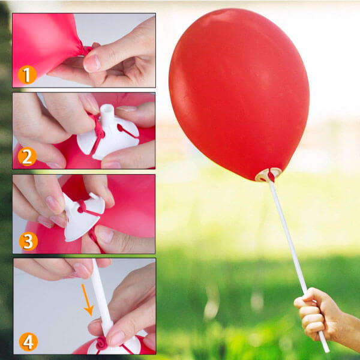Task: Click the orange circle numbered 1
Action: coord(28,74)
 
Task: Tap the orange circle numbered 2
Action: coord(28,157)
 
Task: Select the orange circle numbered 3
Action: coord(28,241)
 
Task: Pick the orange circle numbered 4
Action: coord(28,341)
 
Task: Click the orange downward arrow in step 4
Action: coord(88,301)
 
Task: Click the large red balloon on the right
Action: coord(239,94)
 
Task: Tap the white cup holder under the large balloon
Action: coord(268,175)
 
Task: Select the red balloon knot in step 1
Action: coord(87,50)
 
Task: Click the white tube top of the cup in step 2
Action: coord(107,113)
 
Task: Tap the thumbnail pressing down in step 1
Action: coord(92,64)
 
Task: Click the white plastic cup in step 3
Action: coord(83,217)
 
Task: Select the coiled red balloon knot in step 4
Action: coord(101,343)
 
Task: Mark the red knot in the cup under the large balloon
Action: coord(271,176)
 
